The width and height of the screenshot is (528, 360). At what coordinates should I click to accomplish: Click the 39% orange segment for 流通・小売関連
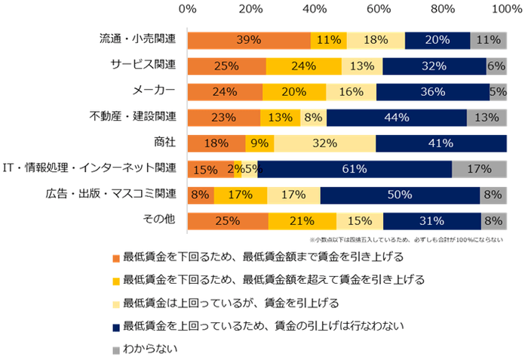(x=249, y=41)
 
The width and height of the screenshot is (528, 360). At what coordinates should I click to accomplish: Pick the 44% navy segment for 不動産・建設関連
(x=397, y=118)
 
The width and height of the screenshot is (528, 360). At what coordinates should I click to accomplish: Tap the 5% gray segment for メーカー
(x=498, y=92)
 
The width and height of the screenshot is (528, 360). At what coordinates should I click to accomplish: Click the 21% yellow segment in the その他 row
(x=302, y=221)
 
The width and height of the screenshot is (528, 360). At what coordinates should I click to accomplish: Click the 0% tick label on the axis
(x=188, y=8)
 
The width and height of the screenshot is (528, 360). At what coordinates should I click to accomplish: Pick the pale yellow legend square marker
(x=115, y=304)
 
